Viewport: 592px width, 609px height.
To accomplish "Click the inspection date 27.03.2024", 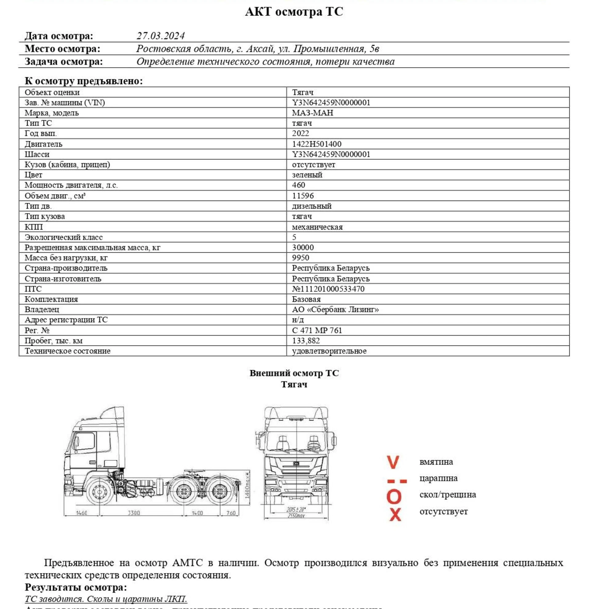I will pos(161,36).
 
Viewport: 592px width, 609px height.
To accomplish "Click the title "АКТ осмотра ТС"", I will pos(294,12).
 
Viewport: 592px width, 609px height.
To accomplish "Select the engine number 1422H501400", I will pos(316,144).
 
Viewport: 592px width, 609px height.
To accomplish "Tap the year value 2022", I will pos(300,133).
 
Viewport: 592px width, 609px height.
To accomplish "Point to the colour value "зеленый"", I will pos(307,175).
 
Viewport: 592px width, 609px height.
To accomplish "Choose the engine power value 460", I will pos(299,185).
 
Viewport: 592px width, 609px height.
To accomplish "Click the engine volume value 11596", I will pos(303,196).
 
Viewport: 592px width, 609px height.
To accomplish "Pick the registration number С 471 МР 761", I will pos(317,330).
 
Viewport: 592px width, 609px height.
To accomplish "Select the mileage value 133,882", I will pos(306,341).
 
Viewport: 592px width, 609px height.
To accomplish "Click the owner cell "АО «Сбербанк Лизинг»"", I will pos(335,309).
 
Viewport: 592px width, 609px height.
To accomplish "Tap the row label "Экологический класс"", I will pos(63,237).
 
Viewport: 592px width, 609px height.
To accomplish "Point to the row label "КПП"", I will pos(34,227).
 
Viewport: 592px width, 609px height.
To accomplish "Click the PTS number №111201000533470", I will pos(328,289).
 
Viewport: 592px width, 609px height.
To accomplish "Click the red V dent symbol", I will pos(393,462).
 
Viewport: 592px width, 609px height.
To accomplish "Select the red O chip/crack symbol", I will pos(394,497).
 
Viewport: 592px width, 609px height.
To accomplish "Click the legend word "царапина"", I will pos(439,478).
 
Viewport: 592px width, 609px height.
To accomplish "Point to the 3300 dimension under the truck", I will pos(134,513).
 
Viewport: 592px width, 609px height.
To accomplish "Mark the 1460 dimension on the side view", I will pos(81,513).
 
